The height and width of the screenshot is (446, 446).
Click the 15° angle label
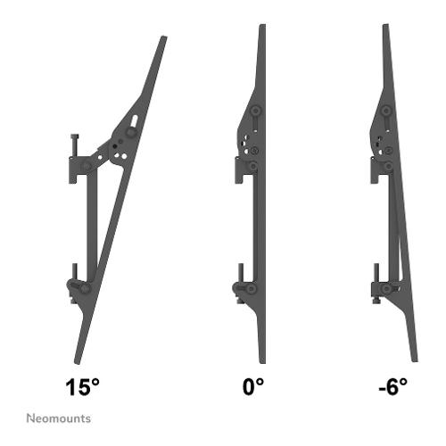pyautogui.click(x=82, y=387)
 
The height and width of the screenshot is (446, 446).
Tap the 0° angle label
pyautogui.click(x=253, y=386)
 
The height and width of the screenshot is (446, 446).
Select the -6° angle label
pyautogui.click(x=392, y=387)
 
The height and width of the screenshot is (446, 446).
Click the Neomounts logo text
pyautogui.click(x=59, y=418)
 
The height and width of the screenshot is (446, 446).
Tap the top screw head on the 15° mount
pyautogui.click(x=75, y=136)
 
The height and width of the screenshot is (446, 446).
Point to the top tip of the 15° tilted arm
pyautogui.click(x=164, y=37)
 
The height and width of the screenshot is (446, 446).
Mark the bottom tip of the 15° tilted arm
pyautogui.click(x=76, y=363)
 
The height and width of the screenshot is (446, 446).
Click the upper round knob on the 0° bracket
pyautogui.click(x=255, y=111)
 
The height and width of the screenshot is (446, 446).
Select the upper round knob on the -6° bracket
pyautogui.click(x=386, y=111)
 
